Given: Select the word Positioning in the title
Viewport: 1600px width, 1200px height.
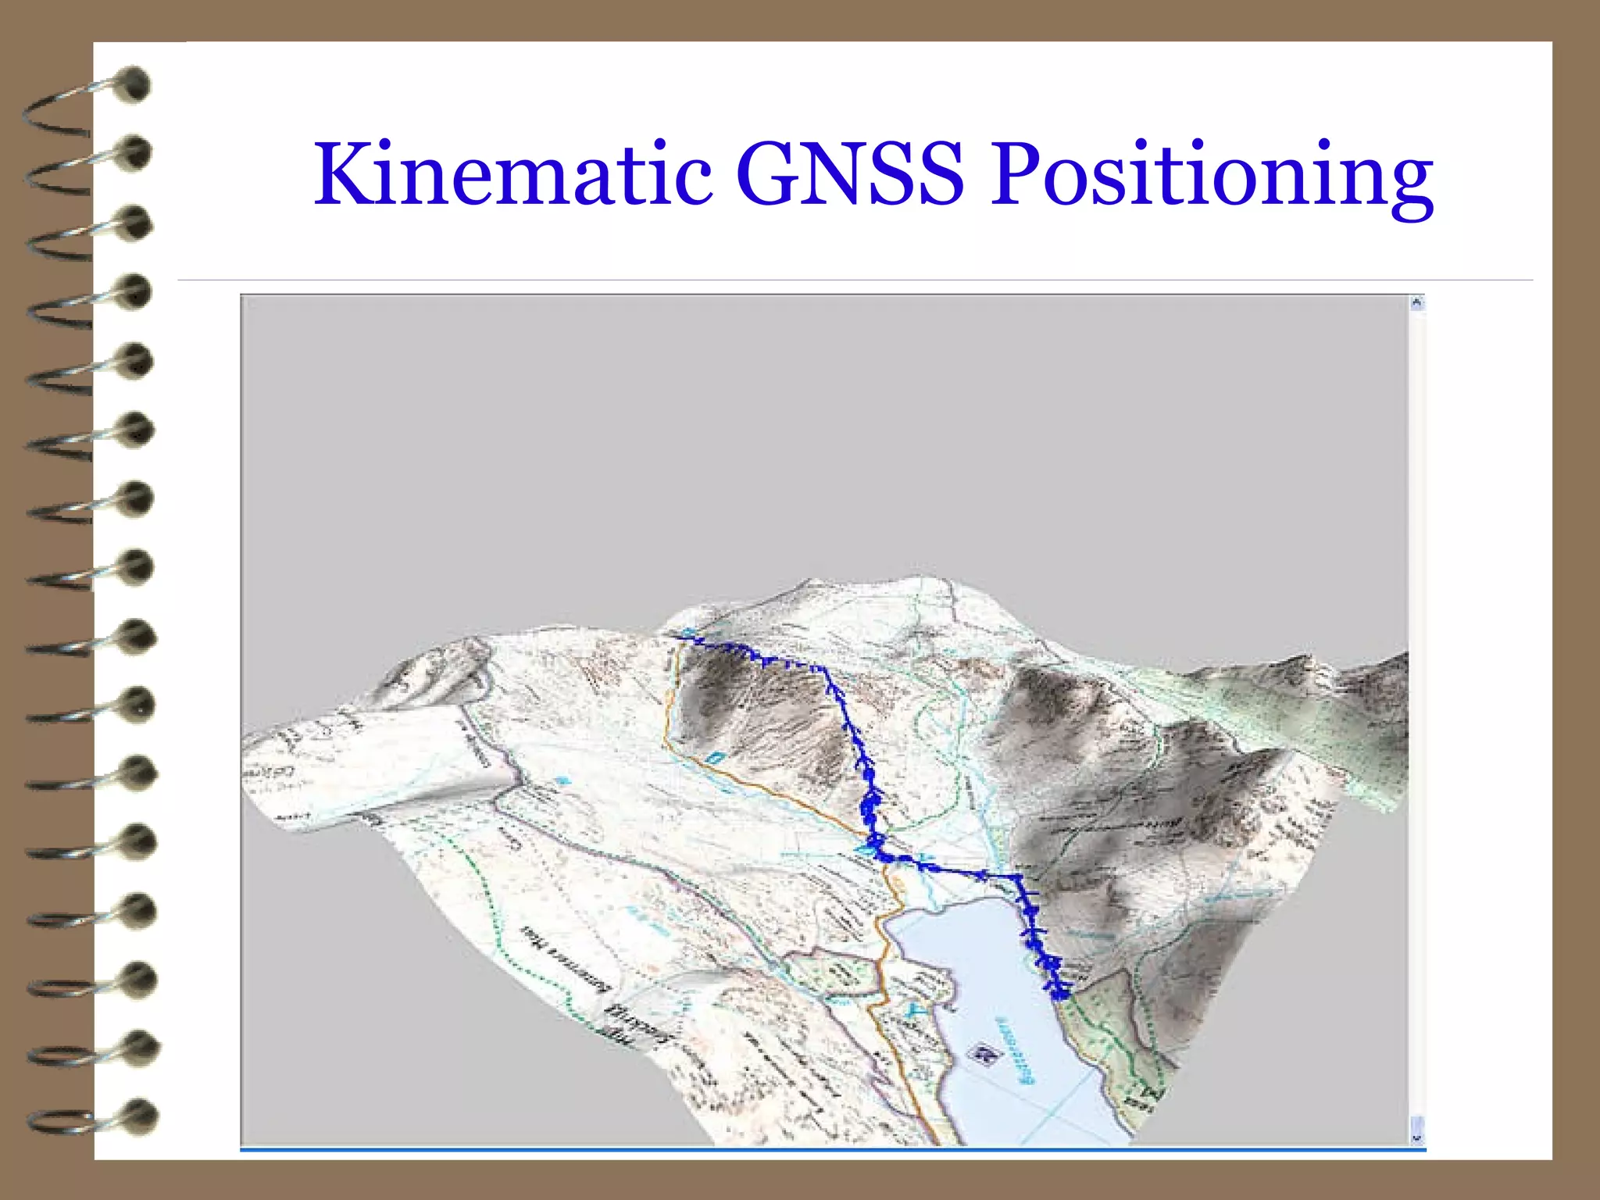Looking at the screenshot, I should [x=1212, y=176].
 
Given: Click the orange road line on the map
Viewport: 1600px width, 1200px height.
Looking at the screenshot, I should [x=750, y=781].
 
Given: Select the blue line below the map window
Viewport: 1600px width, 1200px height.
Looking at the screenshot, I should [x=832, y=1149].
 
